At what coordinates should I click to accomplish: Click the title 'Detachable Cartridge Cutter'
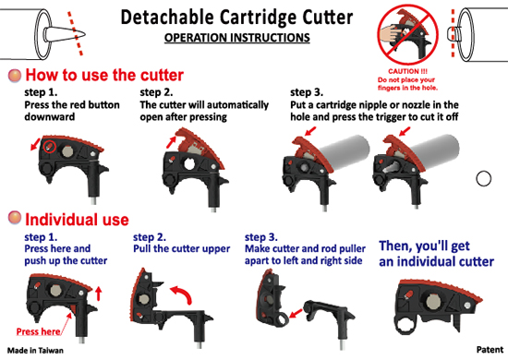pos(236,18)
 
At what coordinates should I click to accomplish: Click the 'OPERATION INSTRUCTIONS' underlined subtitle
pos(236,38)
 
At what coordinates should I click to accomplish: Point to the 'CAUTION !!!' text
pos(407,71)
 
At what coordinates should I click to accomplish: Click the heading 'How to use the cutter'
pos(104,75)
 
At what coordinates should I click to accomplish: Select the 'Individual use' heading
pos(77,220)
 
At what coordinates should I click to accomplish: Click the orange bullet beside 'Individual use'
pos(15,218)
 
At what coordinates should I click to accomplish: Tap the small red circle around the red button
pos(50,147)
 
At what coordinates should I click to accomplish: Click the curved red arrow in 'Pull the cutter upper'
pos(182,294)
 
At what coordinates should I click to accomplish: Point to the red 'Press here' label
pos(38,331)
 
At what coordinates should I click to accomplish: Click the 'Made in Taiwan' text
pos(35,350)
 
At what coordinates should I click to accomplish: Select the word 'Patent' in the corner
pos(490,350)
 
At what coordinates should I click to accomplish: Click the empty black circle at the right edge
pos(484,178)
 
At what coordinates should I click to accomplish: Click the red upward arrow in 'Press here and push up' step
pos(99,294)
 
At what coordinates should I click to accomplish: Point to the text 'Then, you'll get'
pos(425,246)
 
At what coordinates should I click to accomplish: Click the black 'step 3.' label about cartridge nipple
pos(307,92)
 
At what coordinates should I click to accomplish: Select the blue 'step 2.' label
pos(150,237)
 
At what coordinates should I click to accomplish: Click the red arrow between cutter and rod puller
pos(296,313)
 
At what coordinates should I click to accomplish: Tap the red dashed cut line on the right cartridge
pos(453,33)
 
